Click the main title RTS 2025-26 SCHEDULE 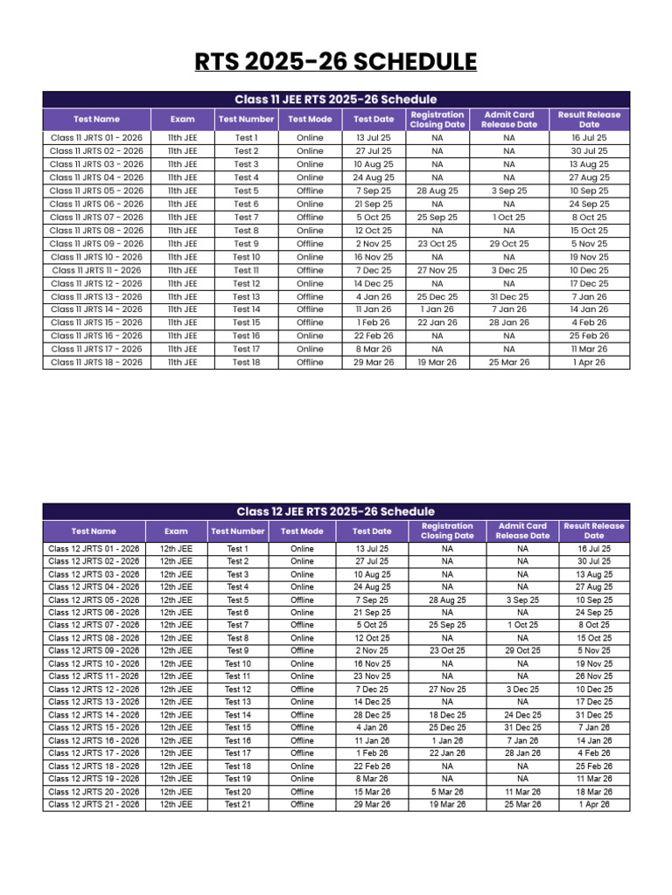(x=336, y=63)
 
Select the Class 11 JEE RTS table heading (x=336, y=100)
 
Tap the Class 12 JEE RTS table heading (x=336, y=511)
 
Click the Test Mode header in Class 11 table (x=310, y=119)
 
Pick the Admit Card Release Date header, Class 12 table (x=522, y=531)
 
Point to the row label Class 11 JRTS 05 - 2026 (x=96, y=191)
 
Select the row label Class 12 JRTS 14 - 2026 (x=94, y=715)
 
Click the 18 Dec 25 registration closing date (x=447, y=715)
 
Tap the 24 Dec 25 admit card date (x=522, y=715)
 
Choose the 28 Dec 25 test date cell (x=372, y=715)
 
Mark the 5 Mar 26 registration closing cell (x=447, y=792)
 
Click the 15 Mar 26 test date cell (x=372, y=792)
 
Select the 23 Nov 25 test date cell (x=372, y=676)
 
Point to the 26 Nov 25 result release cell (x=594, y=676)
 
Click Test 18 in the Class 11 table (x=246, y=362)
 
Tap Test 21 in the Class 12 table (x=237, y=804)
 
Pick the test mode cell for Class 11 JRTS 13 (x=310, y=296)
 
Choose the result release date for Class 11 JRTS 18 (x=589, y=362)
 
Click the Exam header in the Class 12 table (x=176, y=531)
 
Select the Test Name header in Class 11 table (x=96, y=119)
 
